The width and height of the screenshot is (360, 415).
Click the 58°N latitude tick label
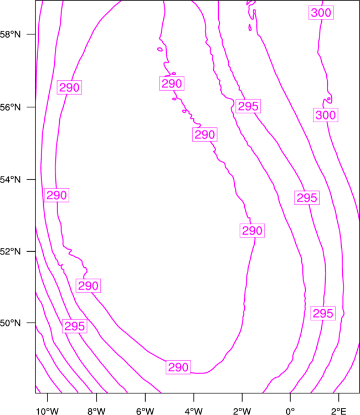pyautogui.click(x=10, y=34)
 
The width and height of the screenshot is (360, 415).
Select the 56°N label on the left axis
pyautogui.click(x=10, y=107)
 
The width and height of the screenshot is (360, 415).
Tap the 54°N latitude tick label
pyautogui.click(x=10, y=180)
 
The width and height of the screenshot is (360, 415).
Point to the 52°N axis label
pyautogui.click(x=10, y=251)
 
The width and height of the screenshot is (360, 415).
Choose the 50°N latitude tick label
pyautogui.click(x=10, y=323)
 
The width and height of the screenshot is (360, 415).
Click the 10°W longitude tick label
pyautogui.click(x=48, y=411)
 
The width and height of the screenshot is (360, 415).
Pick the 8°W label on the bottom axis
pyautogui.click(x=96, y=411)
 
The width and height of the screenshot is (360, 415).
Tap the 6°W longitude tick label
pyautogui.click(x=145, y=411)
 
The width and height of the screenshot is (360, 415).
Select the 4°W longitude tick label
pyautogui.click(x=194, y=411)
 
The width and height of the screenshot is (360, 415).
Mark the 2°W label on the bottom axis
pyautogui.click(x=242, y=411)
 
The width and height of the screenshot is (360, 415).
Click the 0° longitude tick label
pyautogui.click(x=290, y=411)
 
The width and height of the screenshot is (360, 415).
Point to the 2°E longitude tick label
pyautogui.click(x=339, y=411)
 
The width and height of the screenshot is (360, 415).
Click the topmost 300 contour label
pyautogui.click(x=321, y=13)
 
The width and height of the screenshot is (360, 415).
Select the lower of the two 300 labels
pyautogui.click(x=326, y=115)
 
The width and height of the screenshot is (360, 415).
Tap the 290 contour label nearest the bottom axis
pyautogui.click(x=178, y=367)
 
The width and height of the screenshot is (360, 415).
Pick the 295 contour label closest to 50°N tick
pyautogui.click(x=75, y=326)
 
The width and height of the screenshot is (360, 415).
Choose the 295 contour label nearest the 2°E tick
pyautogui.click(x=323, y=313)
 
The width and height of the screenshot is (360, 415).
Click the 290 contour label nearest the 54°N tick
pyautogui.click(x=56, y=195)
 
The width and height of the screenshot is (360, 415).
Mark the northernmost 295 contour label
pyautogui.click(x=248, y=106)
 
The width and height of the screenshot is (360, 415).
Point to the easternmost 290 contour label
pyautogui.click(x=252, y=231)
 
